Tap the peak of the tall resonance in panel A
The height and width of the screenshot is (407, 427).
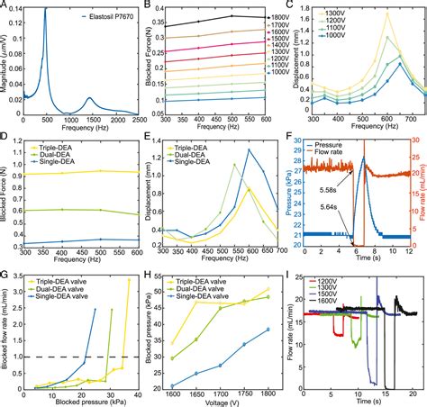click(x=45, y=8)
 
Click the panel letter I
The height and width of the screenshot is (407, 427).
click(x=286, y=276)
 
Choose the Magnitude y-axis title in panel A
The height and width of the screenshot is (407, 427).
click(x=6, y=59)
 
